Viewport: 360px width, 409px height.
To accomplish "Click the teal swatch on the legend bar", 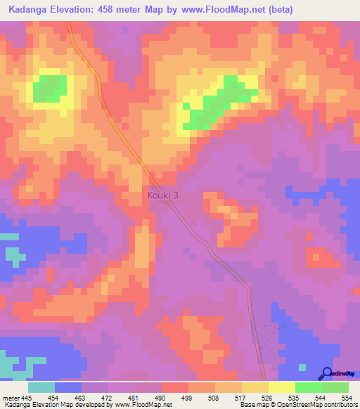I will (41, 387).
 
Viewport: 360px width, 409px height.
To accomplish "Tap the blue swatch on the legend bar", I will (68, 387).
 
